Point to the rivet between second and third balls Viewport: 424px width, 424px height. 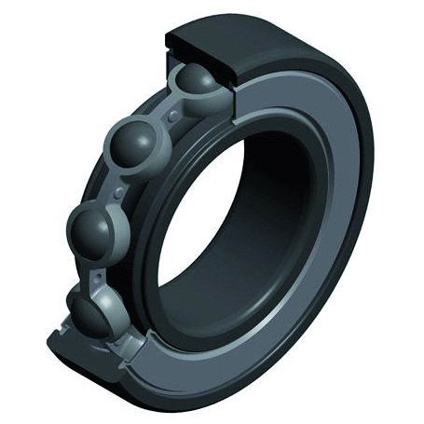(x=117, y=191)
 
